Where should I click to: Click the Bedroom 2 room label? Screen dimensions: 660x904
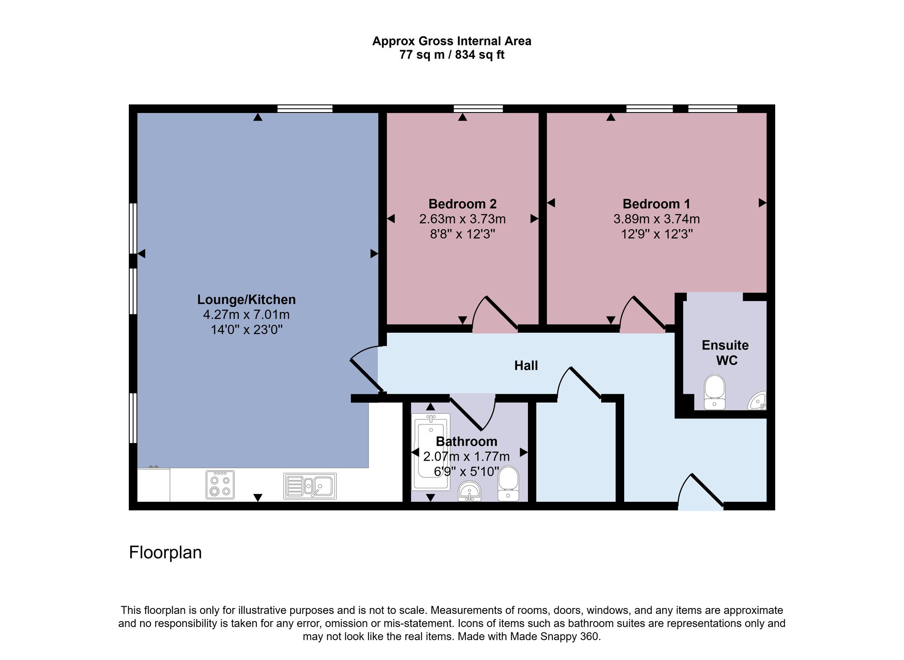pyautogui.click(x=462, y=204)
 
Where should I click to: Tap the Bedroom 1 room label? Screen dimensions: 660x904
pyautogui.click(x=656, y=204)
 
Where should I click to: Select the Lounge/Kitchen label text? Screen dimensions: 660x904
pyautogui.click(x=246, y=300)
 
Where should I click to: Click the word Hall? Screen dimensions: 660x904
pyautogui.click(x=526, y=366)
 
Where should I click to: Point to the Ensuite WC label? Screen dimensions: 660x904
pyautogui.click(x=725, y=353)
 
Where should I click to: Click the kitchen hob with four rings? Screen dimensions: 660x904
pyautogui.click(x=220, y=485)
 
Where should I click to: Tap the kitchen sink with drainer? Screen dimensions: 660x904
pyautogui.click(x=310, y=486)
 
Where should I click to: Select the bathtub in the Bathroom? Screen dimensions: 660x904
pyautogui.click(x=431, y=452)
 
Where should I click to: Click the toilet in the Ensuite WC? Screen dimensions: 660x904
pyautogui.click(x=715, y=391)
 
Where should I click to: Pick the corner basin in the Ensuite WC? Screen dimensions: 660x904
pyautogui.click(x=758, y=401)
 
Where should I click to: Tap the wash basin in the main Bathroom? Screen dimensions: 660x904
pyautogui.click(x=470, y=491)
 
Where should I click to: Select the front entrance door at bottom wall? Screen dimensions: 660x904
pyautogui.click(x=701, y=493)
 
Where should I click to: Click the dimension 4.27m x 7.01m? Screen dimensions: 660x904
pyautogui.click(x=246, y=315)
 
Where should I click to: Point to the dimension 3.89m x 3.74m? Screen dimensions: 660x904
pyautogui.click(x=656, y=219)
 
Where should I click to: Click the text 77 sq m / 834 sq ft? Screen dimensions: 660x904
pyautogui.click(x=452, y=55)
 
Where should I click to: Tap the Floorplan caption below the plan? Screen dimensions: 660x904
pyautogui.click(x=165, y=552)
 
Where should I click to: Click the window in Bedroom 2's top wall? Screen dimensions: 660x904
pyautogui.click(x=478, y=108)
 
